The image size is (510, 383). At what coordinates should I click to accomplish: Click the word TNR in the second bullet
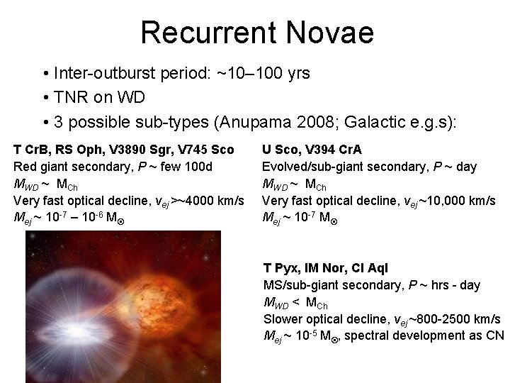click(68, 97)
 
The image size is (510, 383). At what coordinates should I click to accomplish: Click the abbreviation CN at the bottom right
click(497, 336)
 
